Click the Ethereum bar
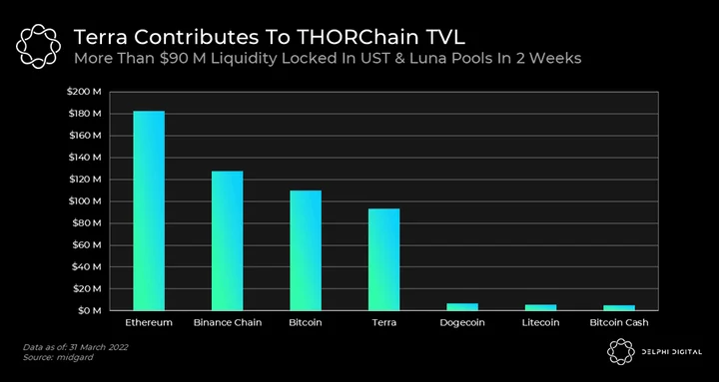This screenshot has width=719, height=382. click(149, 210)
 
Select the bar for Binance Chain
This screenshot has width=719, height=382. click(227, 241)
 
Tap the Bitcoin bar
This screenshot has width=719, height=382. click(306, 250)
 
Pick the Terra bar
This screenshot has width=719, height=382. click(383, 259)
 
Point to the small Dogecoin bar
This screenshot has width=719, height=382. click(462, 307)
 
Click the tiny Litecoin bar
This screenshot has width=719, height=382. click(540, 307)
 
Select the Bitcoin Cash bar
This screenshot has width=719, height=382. click(619, 308)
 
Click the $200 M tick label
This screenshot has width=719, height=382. click(84, 92)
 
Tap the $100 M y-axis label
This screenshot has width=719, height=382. click(84, 201)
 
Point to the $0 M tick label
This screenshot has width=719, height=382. click(89, 310)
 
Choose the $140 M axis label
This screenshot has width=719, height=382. click(84, 158)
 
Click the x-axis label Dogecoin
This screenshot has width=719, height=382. click(462, 323)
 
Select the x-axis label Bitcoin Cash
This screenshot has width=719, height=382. click(619, 322)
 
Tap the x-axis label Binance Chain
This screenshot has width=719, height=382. click(228, 322)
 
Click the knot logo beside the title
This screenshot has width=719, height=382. click(38, 47)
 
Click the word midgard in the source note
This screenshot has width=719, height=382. click(75, 357)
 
